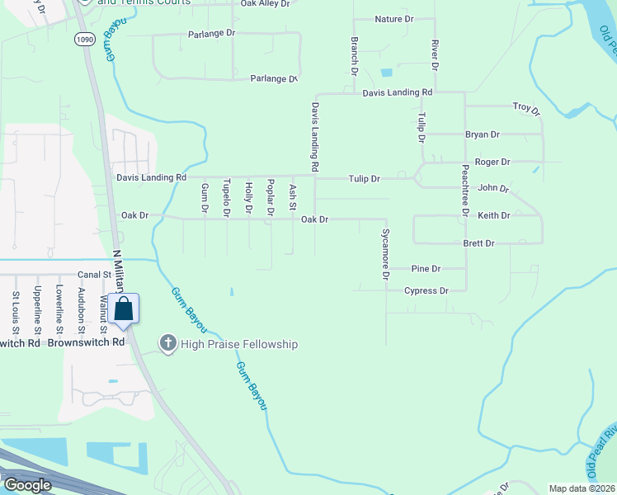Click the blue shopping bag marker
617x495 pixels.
[124, 309]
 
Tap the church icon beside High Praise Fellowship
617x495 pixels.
[168, 343]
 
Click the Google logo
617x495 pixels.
[27, 486]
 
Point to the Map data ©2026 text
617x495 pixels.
[582, 488]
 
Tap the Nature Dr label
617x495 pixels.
[393, 19]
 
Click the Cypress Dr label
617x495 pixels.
[426, 290]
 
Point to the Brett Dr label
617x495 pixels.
[478, 243]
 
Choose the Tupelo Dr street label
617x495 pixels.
[226, 200]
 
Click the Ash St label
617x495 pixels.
[292, 197]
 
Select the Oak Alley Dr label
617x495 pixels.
[265, 4]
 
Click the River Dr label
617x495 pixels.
[432, 54]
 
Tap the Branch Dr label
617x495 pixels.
[353, 51]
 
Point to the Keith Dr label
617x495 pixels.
[494, 215]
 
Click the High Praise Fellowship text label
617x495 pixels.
[240, 344]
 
